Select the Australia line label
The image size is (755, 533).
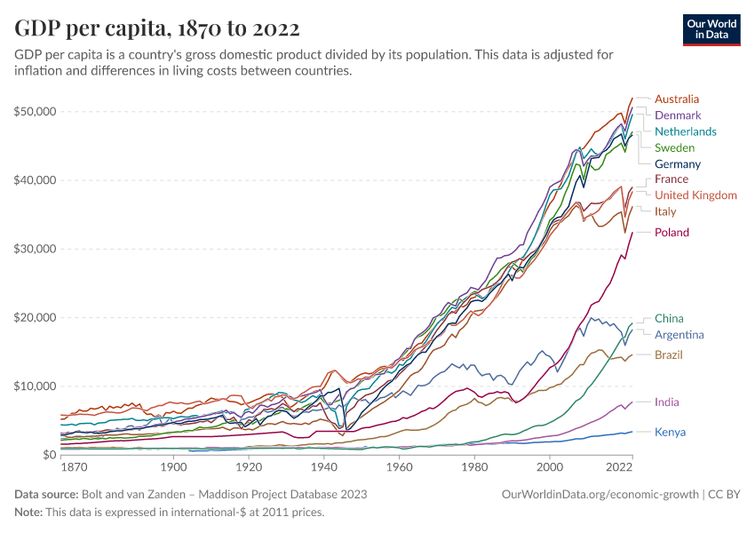pyautogui.click(x=677, y=99)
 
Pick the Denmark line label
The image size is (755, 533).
pyautogui.click(x=678, y=115)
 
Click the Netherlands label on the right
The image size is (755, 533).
pyautogui.click(x=685, y=131)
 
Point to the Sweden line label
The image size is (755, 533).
pyautogui.click(x=674, y=147)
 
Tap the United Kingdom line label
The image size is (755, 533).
pyautogui.click(x=695, y=195)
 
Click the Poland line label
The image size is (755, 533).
pyautogui.click(x=672, y=233)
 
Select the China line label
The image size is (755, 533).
pyautogui.click(x=669, y=318)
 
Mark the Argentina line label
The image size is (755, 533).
pyautogui.click(x=679, y=335)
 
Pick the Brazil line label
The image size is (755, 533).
pyautogui.click(x=669, y=355)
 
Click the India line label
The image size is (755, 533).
pyautogui.click(x=667, y=402)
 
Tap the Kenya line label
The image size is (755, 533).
pyautogui.click(x=670, y=433)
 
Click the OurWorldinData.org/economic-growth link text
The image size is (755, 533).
pyautogui.click(x=600, y=494)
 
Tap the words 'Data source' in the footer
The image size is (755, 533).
pyautogui.click(x=45, y=494)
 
